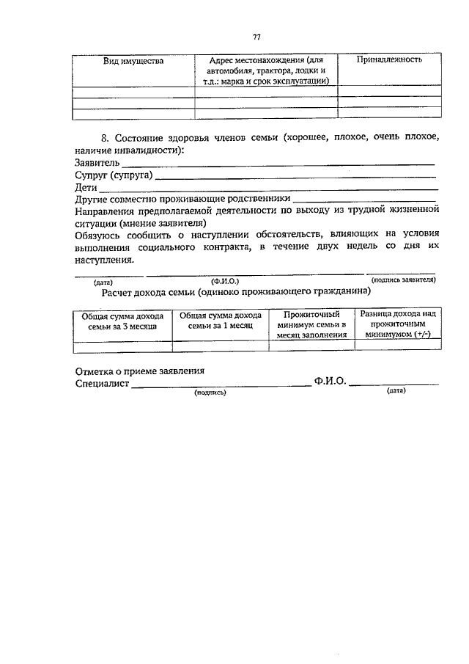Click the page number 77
[256, 37]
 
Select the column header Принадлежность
[388, 59]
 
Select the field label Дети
[86, 188]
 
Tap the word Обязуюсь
[100, 235]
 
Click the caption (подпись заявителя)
[404, 280]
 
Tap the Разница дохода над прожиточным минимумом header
[398, 324]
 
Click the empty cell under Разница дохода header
[398, 346]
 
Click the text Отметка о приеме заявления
[139, 371]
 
